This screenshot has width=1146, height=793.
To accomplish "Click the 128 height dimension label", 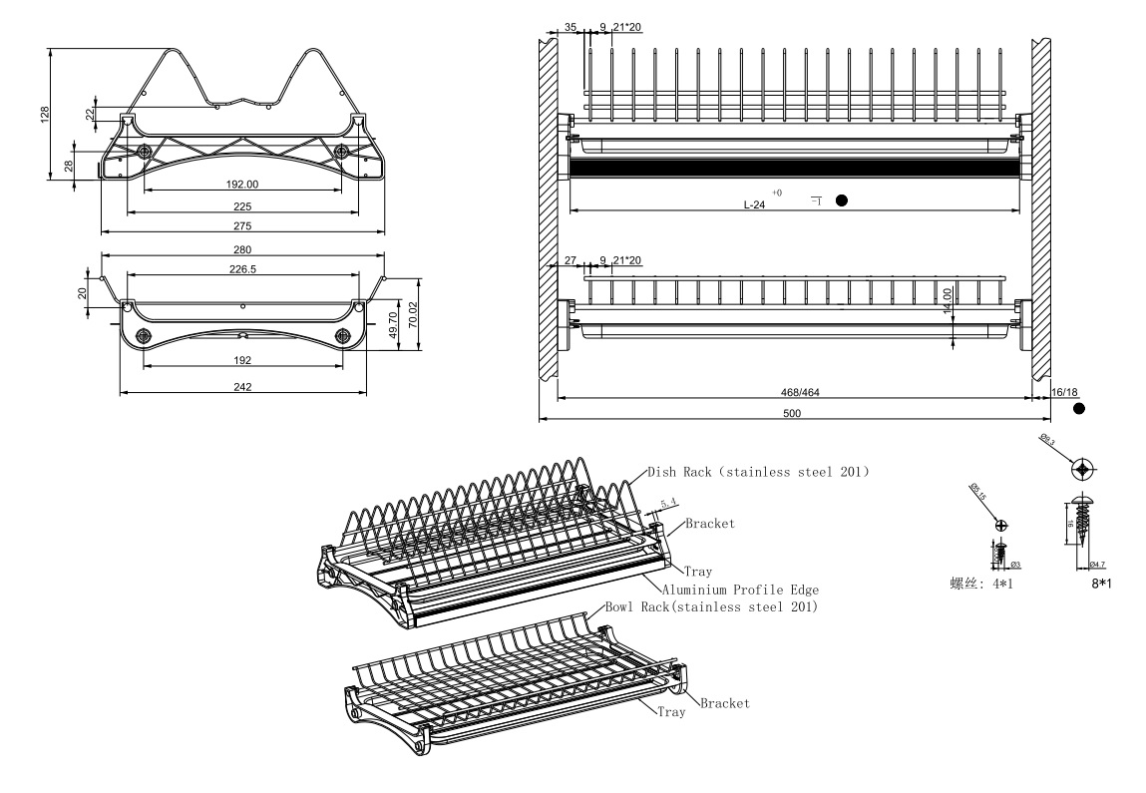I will click(x=44, y=115).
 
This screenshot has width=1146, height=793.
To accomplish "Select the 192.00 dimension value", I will click(x=241, y=185).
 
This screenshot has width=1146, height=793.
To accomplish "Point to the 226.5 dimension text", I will click(x=242, y=267).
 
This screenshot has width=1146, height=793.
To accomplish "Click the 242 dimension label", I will click(x=242, y=387).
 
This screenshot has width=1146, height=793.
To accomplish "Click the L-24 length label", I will click(x=755, y=204).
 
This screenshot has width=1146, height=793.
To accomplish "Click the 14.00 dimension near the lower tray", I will click(x=948, y=299).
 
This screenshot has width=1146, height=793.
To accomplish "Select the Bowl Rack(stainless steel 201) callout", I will click(x=711, y=607).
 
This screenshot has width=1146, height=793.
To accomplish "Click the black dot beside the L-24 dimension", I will click(x=842, y=200).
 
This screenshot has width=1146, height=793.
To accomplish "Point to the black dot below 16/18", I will click(x=1079, y=409).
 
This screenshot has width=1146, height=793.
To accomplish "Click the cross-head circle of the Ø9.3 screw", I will click(x=1084, y=469).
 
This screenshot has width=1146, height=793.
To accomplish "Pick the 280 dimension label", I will click(x=242, y=249).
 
